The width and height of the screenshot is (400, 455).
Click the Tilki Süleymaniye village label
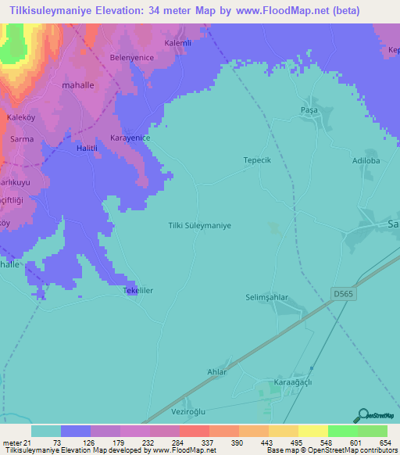(200, 224)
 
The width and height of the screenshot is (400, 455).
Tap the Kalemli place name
(177, 43)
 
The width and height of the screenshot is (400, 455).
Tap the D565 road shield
(341, 294)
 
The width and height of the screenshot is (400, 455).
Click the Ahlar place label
(216, 372)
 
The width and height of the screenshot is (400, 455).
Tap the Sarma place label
(21, 139)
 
